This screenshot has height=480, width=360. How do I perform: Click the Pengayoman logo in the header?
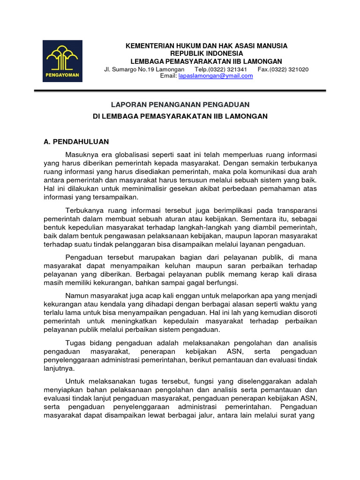[62, 61]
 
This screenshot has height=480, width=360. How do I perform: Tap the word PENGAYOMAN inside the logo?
[62, 75]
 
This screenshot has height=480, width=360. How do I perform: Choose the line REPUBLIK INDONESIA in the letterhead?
[206, 53]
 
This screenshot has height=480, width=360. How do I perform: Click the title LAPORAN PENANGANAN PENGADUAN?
[180, 104]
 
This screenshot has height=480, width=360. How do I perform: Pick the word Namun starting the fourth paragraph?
[76, 295]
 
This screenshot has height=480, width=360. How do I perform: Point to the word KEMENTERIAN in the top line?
[148, 45]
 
